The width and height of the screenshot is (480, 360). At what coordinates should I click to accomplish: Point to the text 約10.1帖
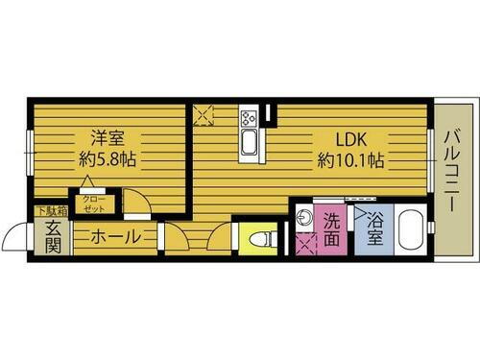pos(351,160)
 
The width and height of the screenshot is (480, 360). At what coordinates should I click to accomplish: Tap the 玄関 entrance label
pos(52,237)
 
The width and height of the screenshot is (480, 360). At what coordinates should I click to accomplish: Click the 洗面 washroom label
pos(331,228)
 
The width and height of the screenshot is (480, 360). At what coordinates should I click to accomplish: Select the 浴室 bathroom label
pos(375,228)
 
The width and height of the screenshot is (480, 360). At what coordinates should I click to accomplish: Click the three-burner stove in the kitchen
pos(249,121)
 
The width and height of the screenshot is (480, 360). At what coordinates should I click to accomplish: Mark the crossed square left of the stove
pos(204,115)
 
